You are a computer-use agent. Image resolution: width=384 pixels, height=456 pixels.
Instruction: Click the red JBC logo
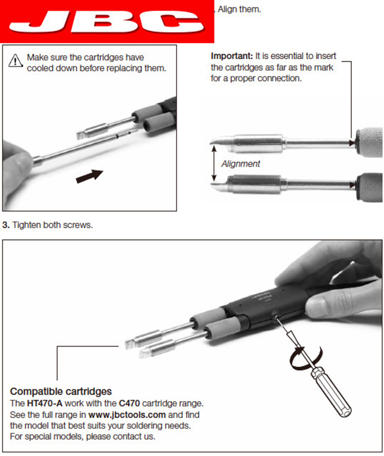(x=107, y=21)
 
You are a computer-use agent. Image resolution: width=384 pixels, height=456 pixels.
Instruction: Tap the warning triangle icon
(x=15, y=60)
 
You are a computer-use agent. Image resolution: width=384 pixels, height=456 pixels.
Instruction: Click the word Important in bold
(x=232, y=56)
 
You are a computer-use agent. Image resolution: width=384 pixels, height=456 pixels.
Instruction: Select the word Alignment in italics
(x=241, y=164)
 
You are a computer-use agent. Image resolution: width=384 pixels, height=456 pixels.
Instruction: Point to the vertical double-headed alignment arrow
(x=214, y=163)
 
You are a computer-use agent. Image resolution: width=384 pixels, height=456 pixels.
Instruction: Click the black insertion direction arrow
(x=89, y=176)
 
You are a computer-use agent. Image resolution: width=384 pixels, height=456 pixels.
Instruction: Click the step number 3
(x=6, y=225)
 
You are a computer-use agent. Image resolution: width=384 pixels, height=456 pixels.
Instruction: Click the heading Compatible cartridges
(x=61, y=391)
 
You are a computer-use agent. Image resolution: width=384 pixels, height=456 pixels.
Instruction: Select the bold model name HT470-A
(x=45, y=403)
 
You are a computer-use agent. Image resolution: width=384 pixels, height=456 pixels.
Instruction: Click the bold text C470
(x=129, y=403)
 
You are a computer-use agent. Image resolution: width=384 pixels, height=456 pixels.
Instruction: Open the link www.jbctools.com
(x=127, y=414)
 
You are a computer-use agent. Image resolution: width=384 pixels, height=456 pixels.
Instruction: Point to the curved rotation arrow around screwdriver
(x=305, y=358)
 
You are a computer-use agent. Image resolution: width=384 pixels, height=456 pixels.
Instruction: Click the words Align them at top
(x=239, y=9)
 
